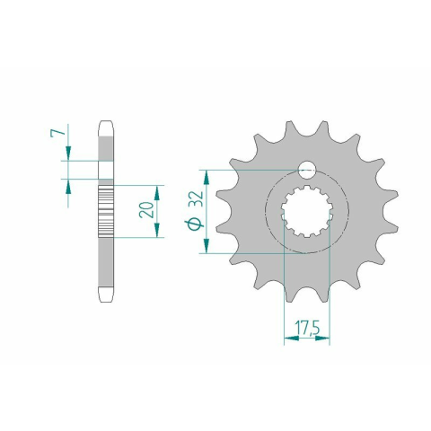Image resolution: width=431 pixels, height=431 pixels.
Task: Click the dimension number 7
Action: coord(57,133)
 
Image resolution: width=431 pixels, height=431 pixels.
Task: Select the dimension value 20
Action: coord(146,209)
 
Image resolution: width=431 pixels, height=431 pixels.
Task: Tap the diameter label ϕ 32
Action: coord(196,211)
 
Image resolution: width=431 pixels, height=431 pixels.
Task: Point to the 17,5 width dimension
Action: coord(307,328)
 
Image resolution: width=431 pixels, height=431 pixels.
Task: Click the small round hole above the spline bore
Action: coord(307,170)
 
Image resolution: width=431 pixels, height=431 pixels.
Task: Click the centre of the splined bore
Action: coord(307,211)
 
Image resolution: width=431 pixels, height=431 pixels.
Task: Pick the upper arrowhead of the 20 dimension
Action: coord(157,193)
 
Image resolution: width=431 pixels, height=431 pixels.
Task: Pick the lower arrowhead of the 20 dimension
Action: coord(157,230)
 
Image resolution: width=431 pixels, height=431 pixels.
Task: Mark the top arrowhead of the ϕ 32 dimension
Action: coord(207,178)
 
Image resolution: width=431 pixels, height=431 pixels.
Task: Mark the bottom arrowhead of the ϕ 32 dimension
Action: coord(207,246)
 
